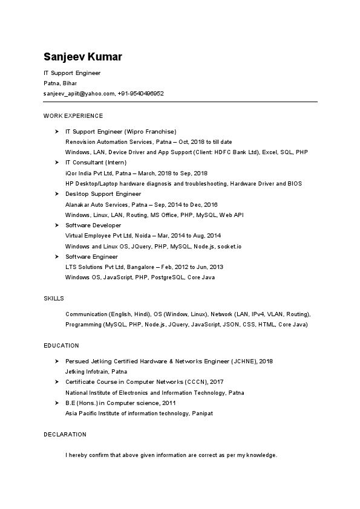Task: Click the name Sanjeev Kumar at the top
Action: tap(82, 57)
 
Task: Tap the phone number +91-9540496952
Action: tap(141, 94)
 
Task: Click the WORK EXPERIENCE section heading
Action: tap(73, 115)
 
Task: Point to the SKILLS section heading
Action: tap(54, 299)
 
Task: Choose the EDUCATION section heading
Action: tap(61, 346)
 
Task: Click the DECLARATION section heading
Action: tap(65, 435)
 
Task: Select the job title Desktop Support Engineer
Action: tap(103, 194)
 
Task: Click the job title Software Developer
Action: tap(93, 225)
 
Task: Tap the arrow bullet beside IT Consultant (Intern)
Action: tap(56, 163)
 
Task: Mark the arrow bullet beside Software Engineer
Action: tap(56, 257)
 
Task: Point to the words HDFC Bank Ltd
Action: tap(240, 152)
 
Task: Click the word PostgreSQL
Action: tap(164, 277)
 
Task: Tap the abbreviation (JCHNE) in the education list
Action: tap(243, 361)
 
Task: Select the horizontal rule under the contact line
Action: tap(180, 102)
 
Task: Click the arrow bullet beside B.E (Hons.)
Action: tap(56, 403)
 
